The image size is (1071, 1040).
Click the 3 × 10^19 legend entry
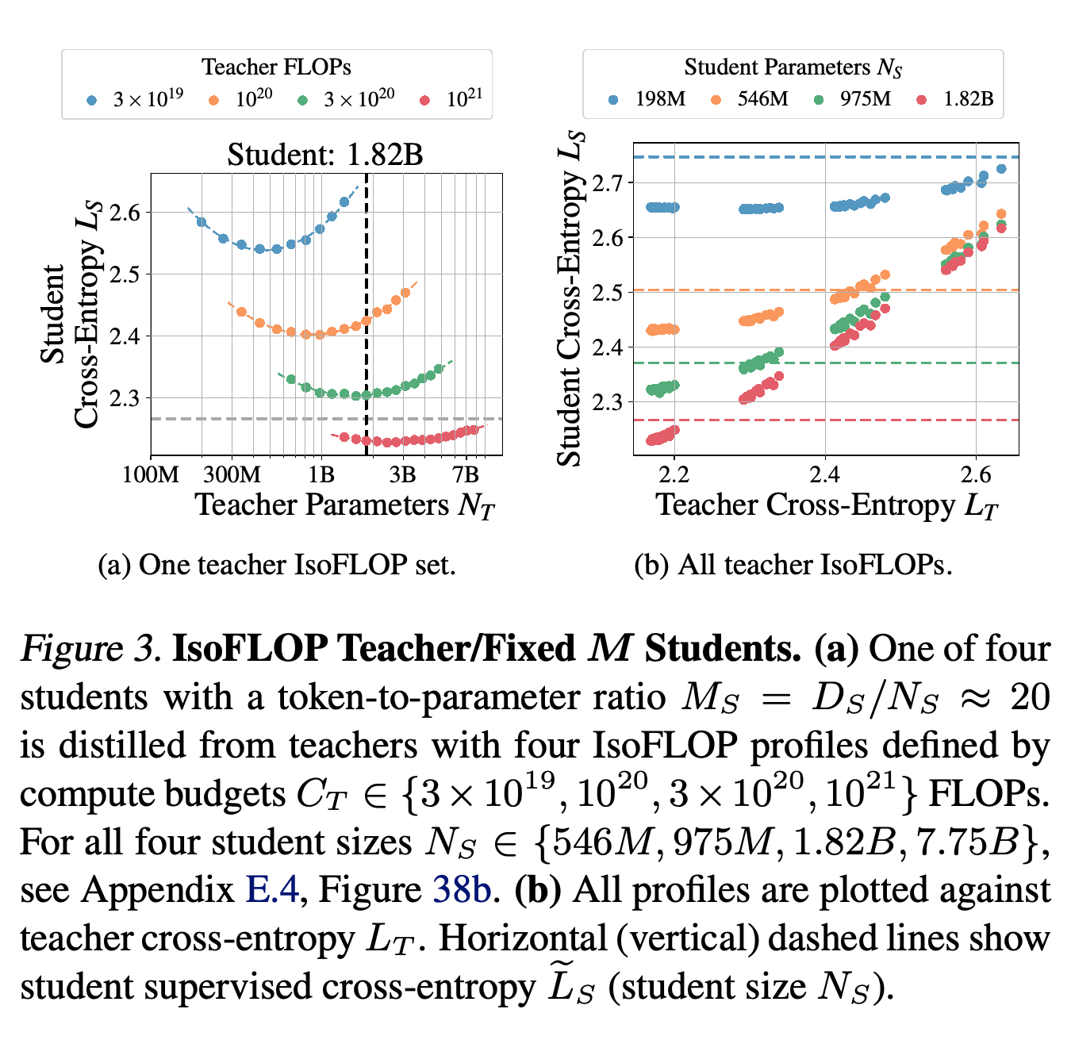[136, 99]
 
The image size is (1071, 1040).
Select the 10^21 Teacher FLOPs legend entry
[451, 99]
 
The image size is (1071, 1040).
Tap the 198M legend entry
[647, 99]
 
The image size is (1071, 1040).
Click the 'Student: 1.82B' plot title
[325, 155]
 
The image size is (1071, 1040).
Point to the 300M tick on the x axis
[232, 474]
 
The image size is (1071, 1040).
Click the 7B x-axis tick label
[466, 474]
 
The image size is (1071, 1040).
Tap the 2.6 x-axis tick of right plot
[976, 474]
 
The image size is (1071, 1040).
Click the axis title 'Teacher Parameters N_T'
[346, 505]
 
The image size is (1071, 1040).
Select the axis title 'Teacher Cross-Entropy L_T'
[827, 505]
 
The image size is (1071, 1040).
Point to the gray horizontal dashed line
[327, 419]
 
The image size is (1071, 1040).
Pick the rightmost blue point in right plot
[1002, 169]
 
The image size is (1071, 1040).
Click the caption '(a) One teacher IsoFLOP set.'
[277, 565]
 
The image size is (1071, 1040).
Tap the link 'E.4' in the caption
[272, 889]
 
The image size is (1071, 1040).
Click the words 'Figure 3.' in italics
[90, 650]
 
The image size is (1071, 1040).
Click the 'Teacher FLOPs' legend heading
[276, 67]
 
